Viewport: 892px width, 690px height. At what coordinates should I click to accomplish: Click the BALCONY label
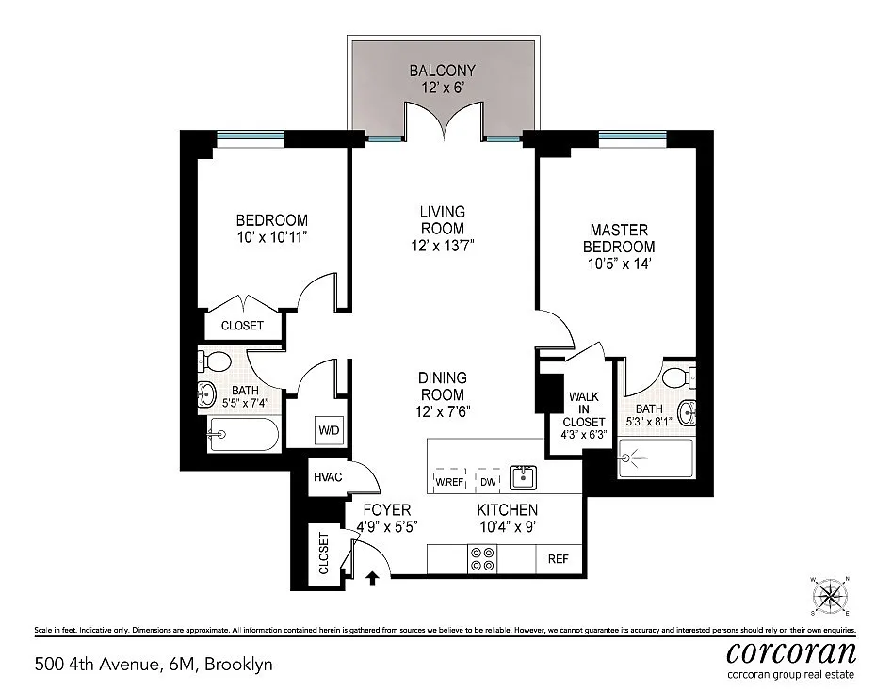point(443,71)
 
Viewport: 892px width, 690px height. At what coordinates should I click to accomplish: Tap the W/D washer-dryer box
point(329,430)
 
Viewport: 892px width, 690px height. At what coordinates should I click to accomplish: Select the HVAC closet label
point(328,477)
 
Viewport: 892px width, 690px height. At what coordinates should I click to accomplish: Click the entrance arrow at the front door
point(373,578)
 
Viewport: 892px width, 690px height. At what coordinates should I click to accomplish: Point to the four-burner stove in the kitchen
point(482,559)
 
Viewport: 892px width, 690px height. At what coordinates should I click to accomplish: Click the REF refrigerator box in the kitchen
point(559,559)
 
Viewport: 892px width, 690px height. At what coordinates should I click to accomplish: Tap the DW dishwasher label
point(488,482)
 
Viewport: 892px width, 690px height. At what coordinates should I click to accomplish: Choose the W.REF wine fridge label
point(449,482)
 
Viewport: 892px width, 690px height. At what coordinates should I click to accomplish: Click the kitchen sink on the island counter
point(523,477)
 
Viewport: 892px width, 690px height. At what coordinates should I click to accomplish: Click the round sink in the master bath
point(688,412)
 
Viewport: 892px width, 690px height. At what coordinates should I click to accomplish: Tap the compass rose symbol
point(830,596)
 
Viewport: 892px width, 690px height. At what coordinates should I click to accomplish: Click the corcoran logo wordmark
point(791,652)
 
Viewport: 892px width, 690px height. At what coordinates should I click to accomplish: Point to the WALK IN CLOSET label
point(584,409)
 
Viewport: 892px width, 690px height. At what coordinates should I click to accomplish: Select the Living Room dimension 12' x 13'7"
point(443,246)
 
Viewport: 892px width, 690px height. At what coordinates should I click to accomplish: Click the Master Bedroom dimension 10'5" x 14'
point(619,264)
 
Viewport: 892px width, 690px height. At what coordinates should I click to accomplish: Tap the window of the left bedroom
point(251,136)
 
